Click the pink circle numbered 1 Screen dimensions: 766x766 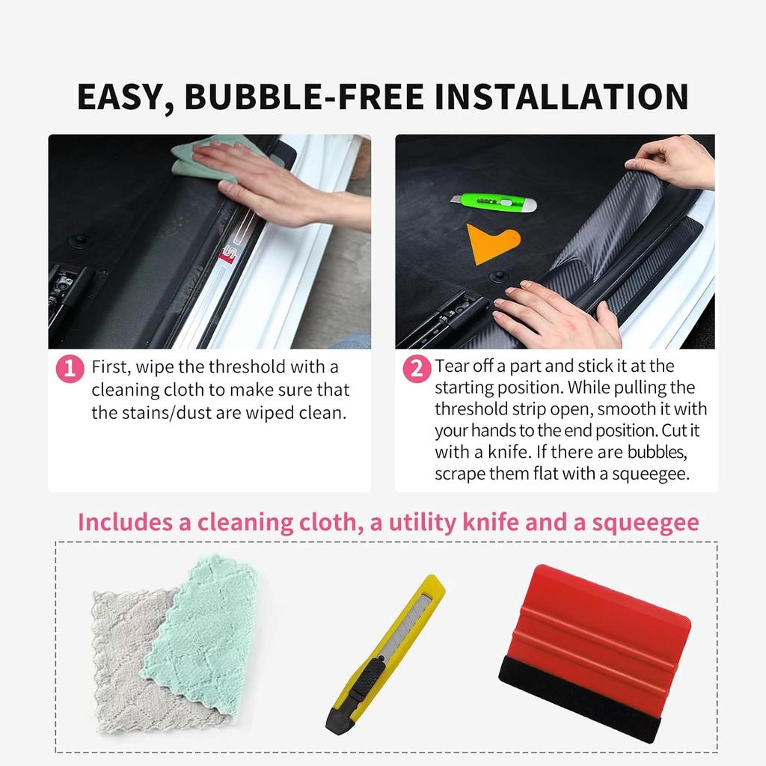click(x=70, y=369)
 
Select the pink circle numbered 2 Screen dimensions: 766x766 click(x=417, y=369)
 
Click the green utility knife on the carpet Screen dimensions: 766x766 click(x=494, y=202)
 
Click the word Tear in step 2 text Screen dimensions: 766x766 click(x=452, y=367)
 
